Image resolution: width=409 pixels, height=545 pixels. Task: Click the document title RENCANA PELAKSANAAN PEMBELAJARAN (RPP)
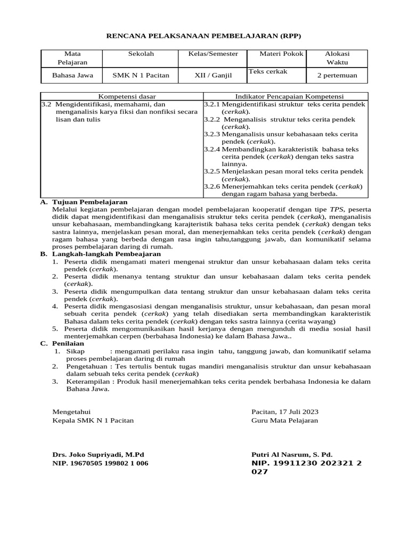coord(204,36)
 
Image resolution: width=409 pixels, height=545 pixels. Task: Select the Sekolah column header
coord(141,54)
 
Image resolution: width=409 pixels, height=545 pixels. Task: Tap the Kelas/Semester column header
coord(213,54)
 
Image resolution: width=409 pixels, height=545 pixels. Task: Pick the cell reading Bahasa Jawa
coord(72,76)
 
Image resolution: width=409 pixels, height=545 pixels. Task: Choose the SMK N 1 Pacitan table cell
coord(141,76)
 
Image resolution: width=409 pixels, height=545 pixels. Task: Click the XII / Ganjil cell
coord(213,76)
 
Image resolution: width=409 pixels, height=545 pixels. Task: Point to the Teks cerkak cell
coord(268,71)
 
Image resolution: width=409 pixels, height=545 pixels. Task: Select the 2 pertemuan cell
coord(337,76)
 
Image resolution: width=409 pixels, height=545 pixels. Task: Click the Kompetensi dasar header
coord(122,96)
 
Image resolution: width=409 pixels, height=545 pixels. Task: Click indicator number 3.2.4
coord(212,150)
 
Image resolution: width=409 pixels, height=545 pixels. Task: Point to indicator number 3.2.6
coord(212,187)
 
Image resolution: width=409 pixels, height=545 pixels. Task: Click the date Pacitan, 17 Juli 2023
coord(285,412)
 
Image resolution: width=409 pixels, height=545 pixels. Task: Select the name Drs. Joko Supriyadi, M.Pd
coord(98,455)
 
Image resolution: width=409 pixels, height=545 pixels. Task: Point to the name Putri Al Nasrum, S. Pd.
coord(292,455)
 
